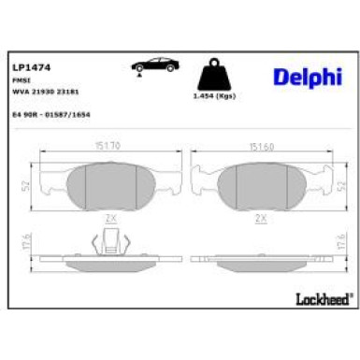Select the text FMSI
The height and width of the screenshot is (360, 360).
pos(20,82)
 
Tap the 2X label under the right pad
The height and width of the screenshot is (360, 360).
pos(263,216)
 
